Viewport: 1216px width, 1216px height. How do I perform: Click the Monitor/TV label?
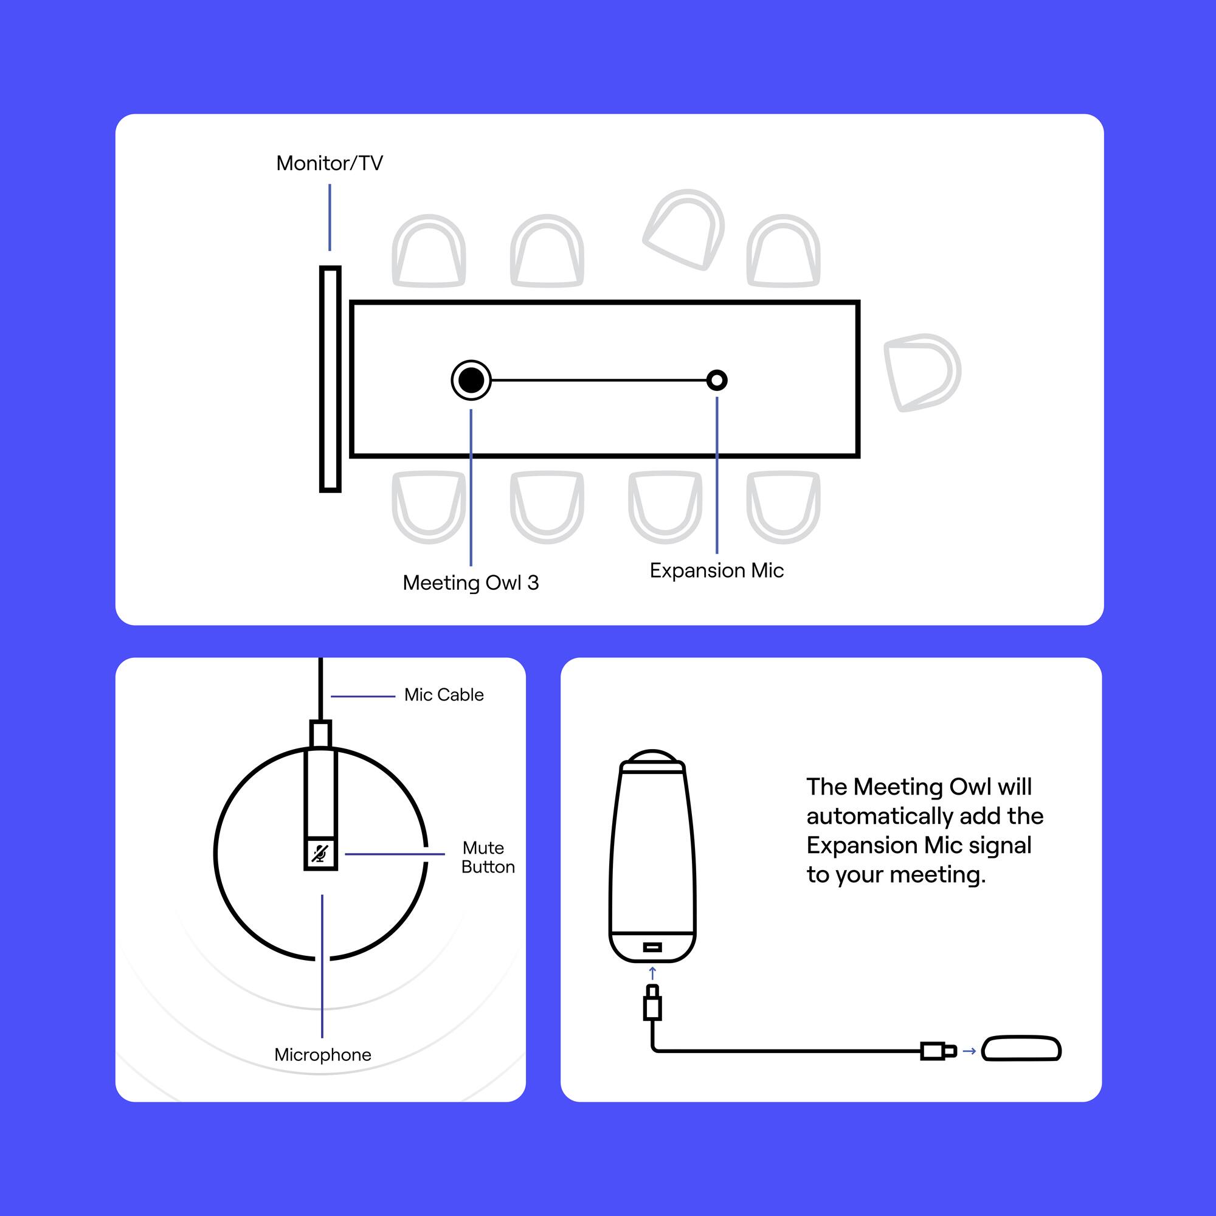[329, 163]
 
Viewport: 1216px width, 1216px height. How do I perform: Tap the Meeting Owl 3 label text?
[470, 582]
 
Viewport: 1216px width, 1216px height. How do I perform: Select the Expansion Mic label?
[716, 570]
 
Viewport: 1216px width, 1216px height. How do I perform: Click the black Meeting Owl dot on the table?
[471, 380]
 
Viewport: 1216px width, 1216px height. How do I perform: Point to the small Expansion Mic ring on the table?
[716, 380]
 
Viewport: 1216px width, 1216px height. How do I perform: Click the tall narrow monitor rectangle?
[330, 379]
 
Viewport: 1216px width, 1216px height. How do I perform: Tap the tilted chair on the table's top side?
[685, 230]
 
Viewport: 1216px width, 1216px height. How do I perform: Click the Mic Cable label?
[444, 695]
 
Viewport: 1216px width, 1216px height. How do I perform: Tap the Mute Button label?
[487, 857]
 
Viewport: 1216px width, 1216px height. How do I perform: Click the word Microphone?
[322, 1054]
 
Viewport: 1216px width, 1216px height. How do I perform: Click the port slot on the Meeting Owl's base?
[652, 947]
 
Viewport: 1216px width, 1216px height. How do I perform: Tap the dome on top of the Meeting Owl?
[652, 756]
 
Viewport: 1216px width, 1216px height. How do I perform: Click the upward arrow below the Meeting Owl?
[652, 973]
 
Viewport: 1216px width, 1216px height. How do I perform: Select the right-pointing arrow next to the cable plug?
[969, 1051]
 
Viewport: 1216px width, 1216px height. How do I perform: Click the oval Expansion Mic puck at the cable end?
[1021, 1049]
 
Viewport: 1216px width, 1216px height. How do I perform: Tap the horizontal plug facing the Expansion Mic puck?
[938, 1051]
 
